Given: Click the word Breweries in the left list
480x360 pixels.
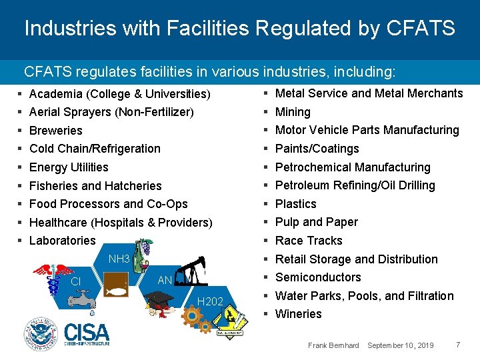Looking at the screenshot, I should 56,131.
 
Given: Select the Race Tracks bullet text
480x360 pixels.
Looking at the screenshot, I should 309,241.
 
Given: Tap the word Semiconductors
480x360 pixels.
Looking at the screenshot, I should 318,277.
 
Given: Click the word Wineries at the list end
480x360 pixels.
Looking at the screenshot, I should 299,314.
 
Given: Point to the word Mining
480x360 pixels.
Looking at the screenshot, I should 293,112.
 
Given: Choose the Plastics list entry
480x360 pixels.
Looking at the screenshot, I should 296,204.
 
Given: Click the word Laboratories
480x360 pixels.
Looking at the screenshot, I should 63,241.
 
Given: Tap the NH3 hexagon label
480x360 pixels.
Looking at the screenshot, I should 119,259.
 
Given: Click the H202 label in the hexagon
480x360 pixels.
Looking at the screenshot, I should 209,302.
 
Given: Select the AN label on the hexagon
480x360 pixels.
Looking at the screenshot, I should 164,281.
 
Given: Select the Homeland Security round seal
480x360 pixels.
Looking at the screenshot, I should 41,333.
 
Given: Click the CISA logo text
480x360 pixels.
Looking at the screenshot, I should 87,331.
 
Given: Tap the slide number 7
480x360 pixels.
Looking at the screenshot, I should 458,345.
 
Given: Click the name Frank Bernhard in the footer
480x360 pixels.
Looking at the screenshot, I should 333,345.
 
